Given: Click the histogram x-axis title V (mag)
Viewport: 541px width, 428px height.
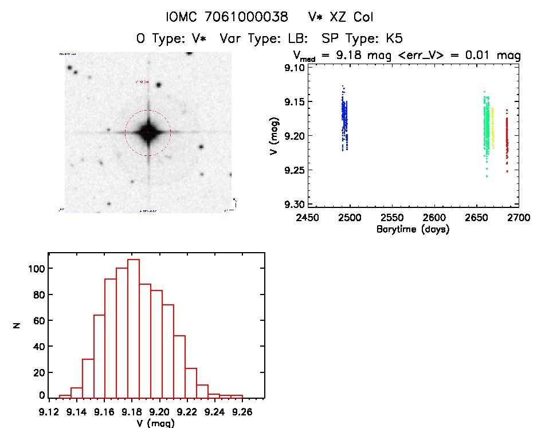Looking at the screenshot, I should pyautogui.click(x=155, y=423).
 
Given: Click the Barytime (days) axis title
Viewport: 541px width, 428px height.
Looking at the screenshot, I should pyautogui.click(x=412, y=229).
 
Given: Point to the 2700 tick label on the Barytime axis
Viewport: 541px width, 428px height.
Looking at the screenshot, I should pyautogui.click(x=518, y=218).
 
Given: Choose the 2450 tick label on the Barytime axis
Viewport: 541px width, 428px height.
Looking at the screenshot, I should pyautogui.click(x=308, y=218).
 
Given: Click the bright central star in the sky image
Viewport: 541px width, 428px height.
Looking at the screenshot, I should pyautogui.click(x=148, y=132).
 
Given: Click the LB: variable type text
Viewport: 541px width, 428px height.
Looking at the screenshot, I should pyautogui.click(x=296, y=39).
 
